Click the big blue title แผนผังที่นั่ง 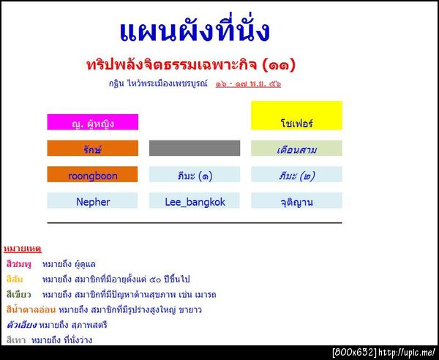[x=194, y=31]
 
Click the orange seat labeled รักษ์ [x=92, y=149]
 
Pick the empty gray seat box [x=194, y=148]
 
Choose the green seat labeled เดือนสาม [x=296, y=149]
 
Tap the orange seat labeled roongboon [x=92, y=175]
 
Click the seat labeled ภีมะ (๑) [x=194, y=175]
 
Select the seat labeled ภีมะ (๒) [x=296, y=175]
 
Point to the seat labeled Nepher [x=92, y=201]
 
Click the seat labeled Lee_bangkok [x=194, y=201]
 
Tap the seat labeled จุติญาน [x=296, y=201]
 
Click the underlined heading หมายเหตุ [x=20, y=249]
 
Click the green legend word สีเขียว [x=18, y=294]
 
